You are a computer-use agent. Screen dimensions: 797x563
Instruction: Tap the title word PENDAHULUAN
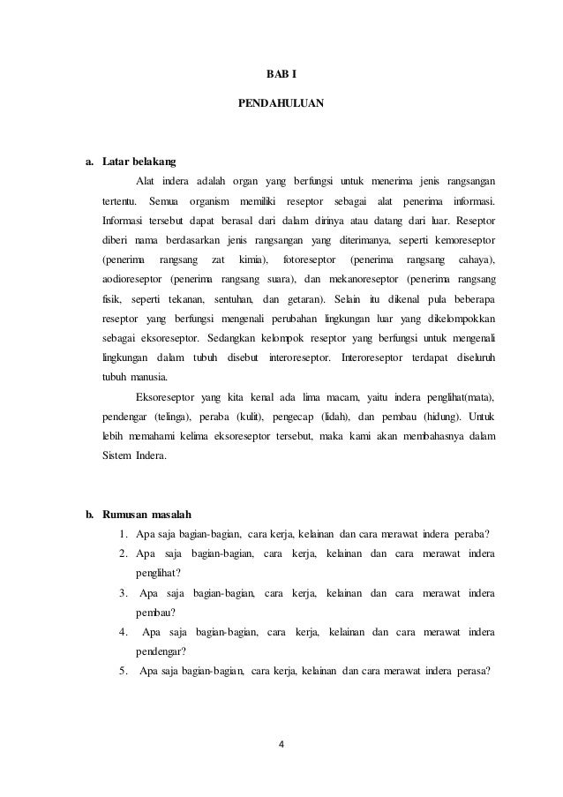[281, 104]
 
